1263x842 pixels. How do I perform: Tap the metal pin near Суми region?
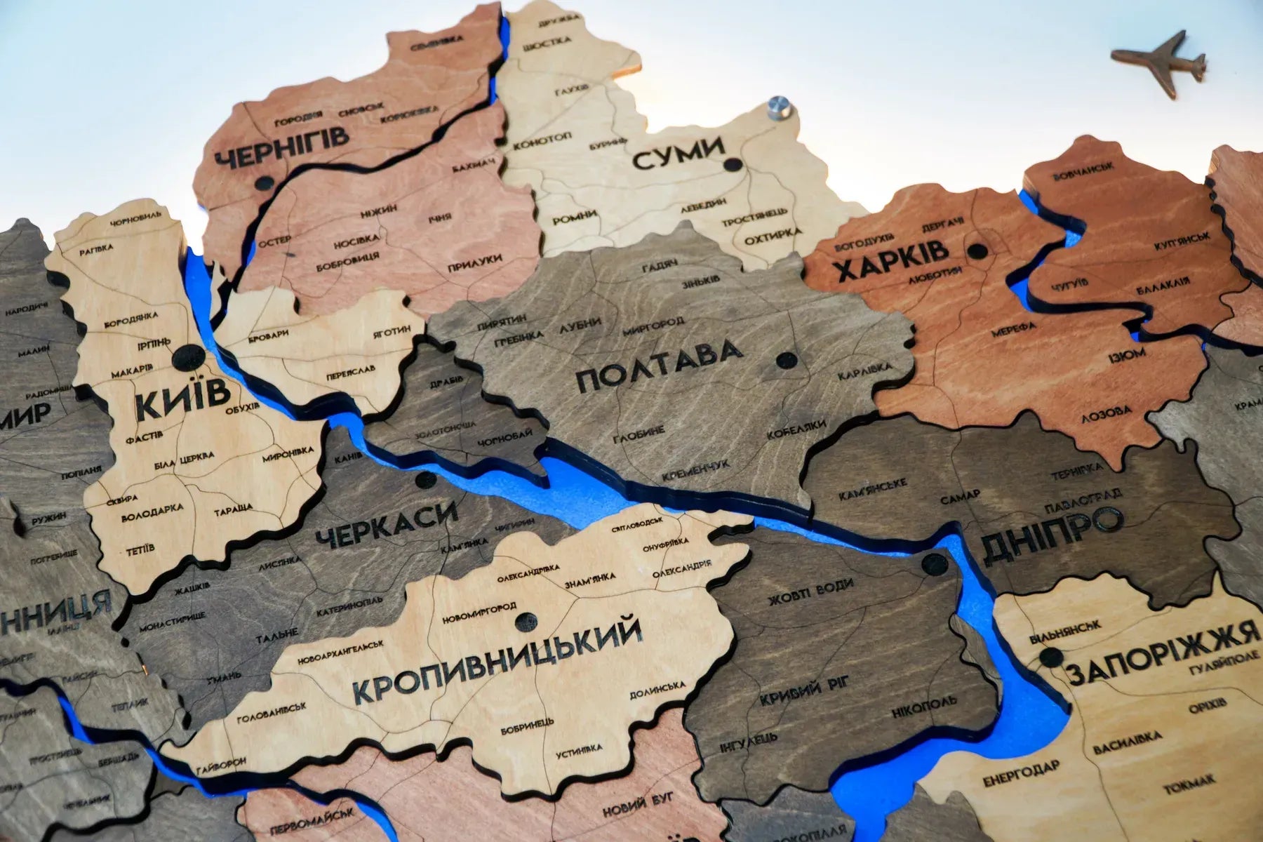tap(775, 109)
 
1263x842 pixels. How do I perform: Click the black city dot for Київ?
tap(187, 358)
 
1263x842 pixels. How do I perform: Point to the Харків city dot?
tap(977, 250)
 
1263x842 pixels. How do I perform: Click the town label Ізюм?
tap(1126, 355)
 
